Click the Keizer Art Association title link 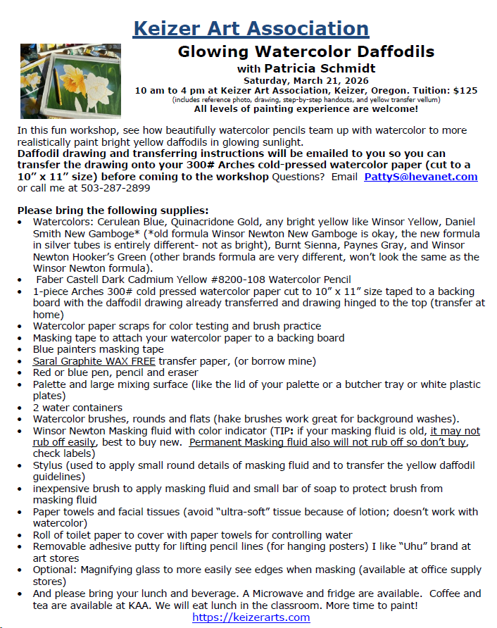(x=251, y=28)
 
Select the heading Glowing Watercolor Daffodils (x=306, y=51)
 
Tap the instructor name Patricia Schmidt (x=320, y=68)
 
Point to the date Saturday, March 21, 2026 (x=306, y=80)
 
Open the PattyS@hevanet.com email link (x=420, y=177)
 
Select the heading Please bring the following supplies (x=113, y=211)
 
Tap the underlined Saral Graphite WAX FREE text (x=94, y=361)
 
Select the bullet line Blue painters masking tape (x=98, y=349)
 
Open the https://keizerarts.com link (x=251, y=617)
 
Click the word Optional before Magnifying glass (x=56, y=570)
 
